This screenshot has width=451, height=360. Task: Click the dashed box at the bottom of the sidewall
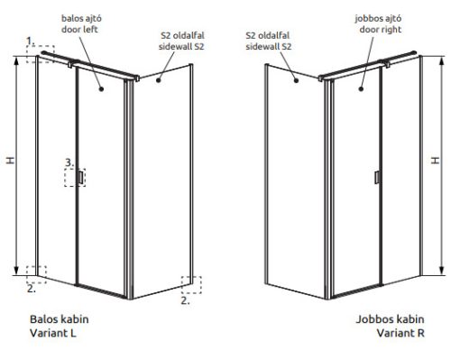coord(191,284)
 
